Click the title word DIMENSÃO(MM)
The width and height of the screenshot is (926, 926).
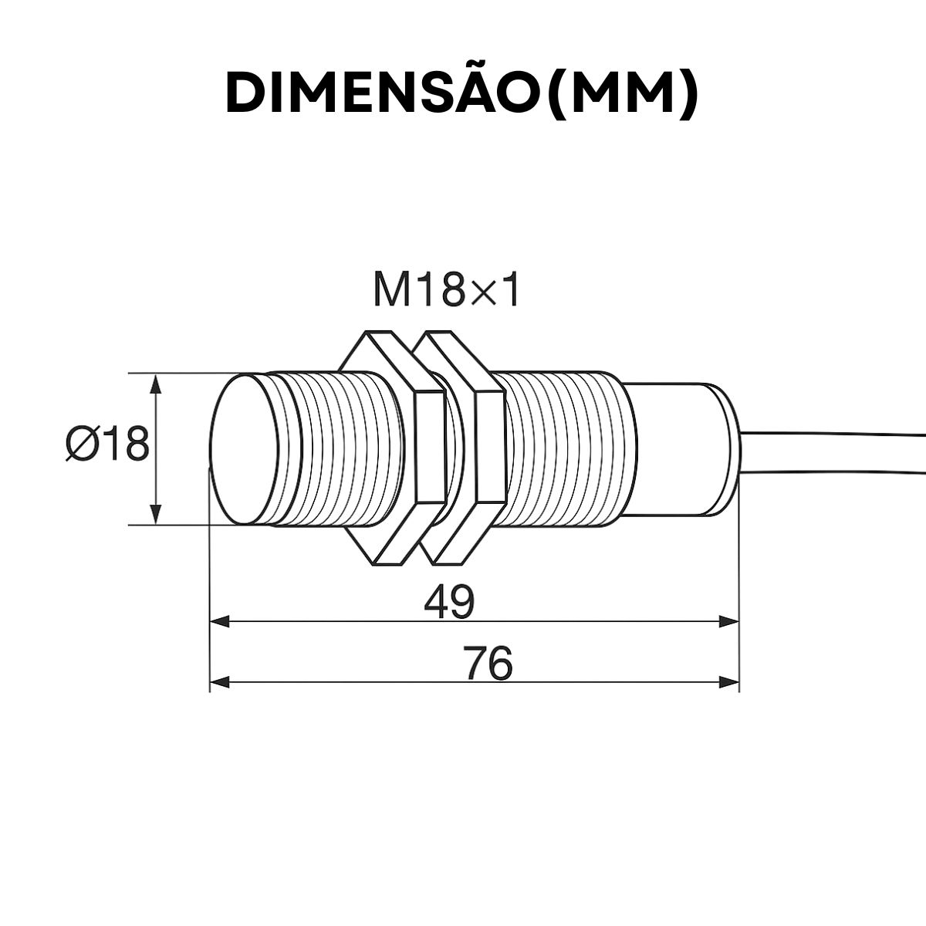point(461,93)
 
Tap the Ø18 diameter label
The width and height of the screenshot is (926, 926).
point(106,445)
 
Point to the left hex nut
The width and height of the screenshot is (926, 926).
point(394,448)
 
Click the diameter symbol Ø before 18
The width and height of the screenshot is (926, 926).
point(81,445)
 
